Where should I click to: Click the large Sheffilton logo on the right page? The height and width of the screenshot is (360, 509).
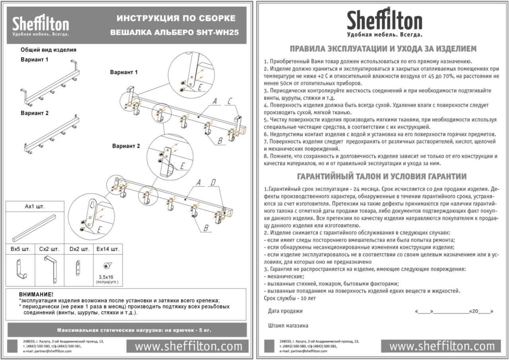click(x=385, y=22)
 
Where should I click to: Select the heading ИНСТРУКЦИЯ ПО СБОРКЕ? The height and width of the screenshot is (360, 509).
click(x=176, y=18)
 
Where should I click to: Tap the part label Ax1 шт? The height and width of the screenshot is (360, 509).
click(x=35, y=207)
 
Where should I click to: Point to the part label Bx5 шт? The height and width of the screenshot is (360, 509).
click(x=20, y=249)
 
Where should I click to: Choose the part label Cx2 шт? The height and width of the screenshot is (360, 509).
click(x=49, y=249)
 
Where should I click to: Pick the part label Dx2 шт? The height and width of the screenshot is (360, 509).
click(x=79, y=249)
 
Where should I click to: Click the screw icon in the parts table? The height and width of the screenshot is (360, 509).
click(x=107, y=265)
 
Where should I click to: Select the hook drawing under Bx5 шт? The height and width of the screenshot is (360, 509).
click(x=20, y=269)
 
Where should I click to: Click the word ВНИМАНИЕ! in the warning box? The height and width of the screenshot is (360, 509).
click(x=36, y=294)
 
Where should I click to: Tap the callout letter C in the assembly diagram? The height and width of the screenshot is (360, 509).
click(x=229, y=102)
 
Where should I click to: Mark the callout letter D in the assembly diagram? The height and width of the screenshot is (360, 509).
click(x=214, y=183)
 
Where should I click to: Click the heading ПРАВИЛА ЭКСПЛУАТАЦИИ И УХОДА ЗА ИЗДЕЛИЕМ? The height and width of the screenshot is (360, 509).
click(x=383, y=49)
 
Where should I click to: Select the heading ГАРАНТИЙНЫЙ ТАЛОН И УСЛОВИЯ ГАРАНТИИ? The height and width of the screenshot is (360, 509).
click(x=382, y=176)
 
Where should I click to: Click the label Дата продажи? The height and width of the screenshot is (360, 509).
click(x=285, y=311)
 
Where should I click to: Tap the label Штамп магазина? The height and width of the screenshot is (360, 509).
click(x=288, y=325)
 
